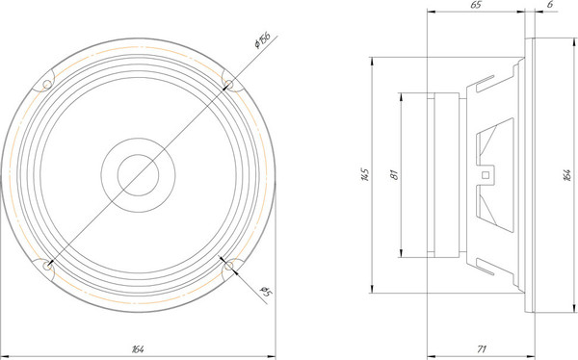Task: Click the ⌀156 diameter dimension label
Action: coord(262,39)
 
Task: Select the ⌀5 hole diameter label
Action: coord(266,292)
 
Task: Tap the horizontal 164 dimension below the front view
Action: coord(138,349)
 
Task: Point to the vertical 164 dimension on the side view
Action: coord(567,175)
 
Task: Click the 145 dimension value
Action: coord(364,174)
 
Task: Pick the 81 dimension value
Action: coord(394,174)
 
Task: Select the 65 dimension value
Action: coord(476,5)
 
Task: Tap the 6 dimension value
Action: coord(550,5)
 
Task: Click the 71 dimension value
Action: coord(482,348)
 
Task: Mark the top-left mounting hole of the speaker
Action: coord(47,85)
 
